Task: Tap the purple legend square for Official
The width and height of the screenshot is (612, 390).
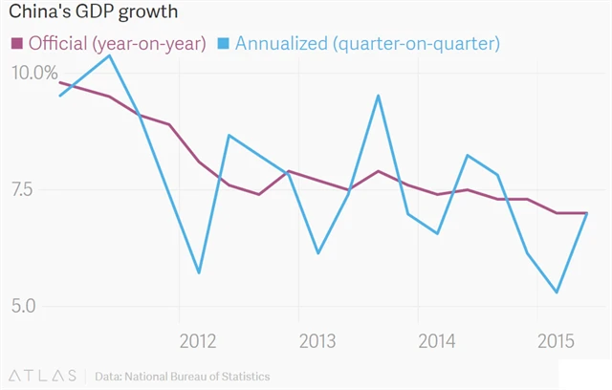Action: [16, 44]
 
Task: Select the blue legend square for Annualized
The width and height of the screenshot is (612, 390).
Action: [223, 44]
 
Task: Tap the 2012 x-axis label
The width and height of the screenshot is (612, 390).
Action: [197, 341]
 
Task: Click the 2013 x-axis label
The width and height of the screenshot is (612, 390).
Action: [317, 341]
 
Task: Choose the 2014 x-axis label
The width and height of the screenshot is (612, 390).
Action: [436, 341]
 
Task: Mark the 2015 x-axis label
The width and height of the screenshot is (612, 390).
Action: [556, 341]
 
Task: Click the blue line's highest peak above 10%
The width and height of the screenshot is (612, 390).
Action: [110, 55]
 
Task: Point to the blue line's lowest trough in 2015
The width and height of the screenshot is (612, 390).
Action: [557, 292]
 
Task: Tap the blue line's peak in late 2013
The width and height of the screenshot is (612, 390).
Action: [379, 96]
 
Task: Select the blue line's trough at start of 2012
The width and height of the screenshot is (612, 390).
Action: [199, 273]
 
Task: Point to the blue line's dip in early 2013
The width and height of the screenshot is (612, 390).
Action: [317, 253]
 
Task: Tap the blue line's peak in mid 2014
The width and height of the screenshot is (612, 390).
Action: [468, 155]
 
